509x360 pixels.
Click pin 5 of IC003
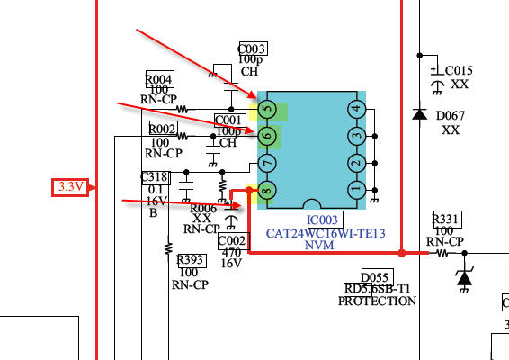[x=267, y=109]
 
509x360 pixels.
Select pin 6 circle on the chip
[x=267, y=136]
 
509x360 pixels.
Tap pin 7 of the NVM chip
[x=267, y=163]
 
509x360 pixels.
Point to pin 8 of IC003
[x=267, y=190]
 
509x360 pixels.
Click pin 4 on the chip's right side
[x=357, y=109]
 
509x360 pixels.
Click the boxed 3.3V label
[x=70, y=187]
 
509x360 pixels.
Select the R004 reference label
[x=160, y=79]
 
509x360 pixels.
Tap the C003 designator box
[x=254, y=49]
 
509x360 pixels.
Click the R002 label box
[x=164, y=129]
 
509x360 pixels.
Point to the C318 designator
[x=156, y=177]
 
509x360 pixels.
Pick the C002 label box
[x=234, y=241]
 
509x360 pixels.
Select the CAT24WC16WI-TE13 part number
[x=326, y=233]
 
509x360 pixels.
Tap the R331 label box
[x=447, y=220]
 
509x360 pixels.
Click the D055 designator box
[x=378, y=277]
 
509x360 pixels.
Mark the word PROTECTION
[x=377, y=301]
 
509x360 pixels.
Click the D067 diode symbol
[x=419, y=114]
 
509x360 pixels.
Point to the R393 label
[x=192, y=261]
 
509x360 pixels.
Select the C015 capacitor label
[x=459, y=70]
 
